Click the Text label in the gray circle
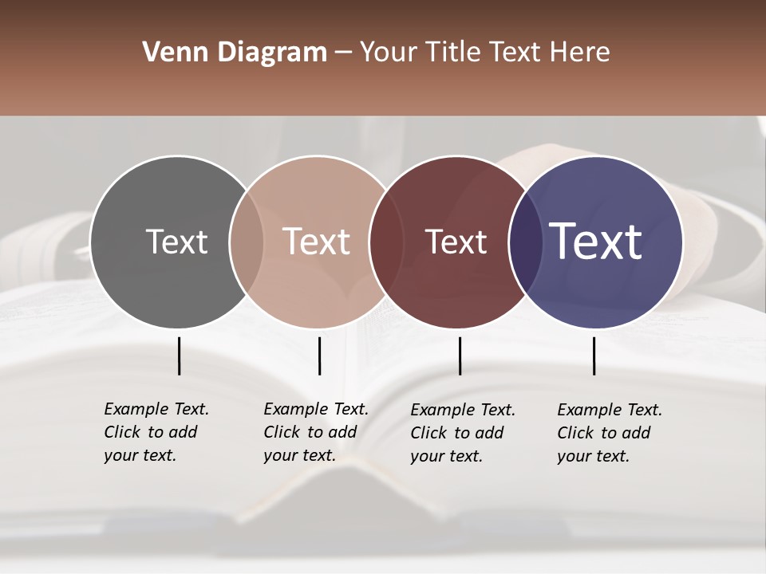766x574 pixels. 176,242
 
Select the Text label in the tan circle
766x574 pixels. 316,242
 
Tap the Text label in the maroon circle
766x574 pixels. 456,242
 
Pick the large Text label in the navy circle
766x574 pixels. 596,242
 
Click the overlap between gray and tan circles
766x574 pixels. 247,242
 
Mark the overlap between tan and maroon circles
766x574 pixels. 380,242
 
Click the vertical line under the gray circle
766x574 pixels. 179,356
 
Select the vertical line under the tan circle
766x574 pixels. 319,356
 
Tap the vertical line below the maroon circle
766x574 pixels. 460,356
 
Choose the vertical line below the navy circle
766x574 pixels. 594,356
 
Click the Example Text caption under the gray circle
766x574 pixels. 156,432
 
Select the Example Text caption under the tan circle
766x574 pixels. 315,432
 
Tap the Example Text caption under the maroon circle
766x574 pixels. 462,433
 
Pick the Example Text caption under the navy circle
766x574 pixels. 609,433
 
